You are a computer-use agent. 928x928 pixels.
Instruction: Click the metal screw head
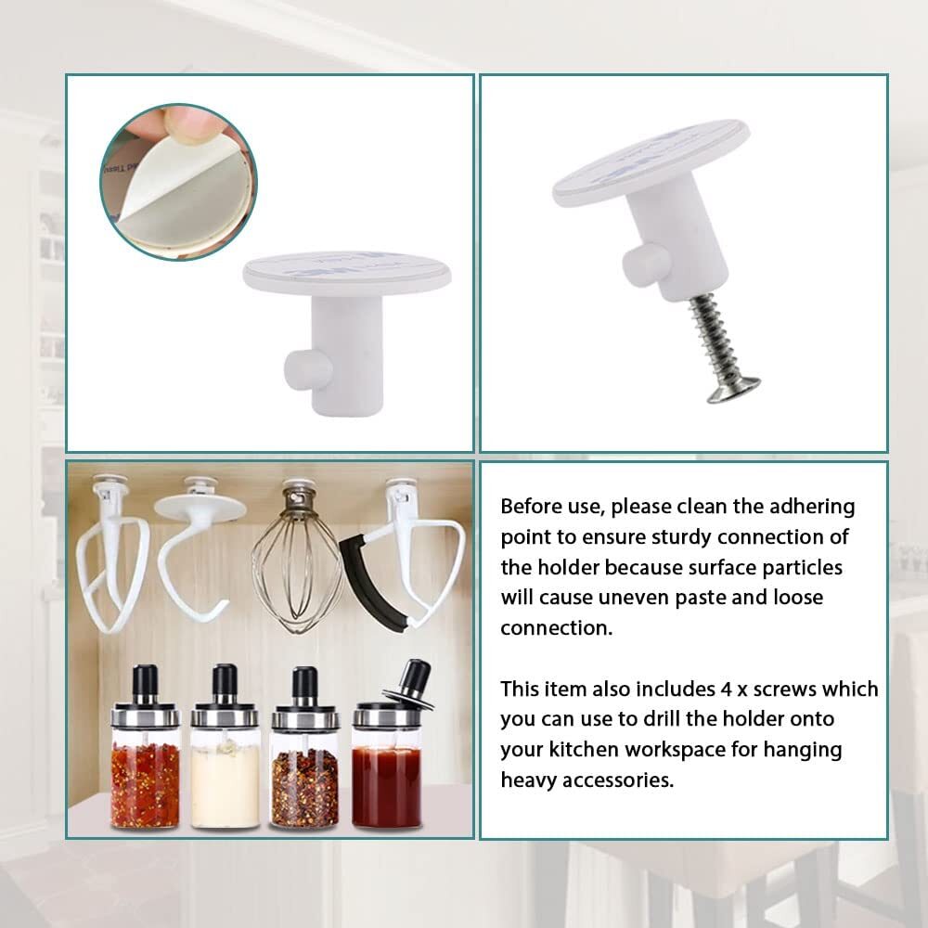point(733,389)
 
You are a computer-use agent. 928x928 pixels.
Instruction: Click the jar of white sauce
point(225,761)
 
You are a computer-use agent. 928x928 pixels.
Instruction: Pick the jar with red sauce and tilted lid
point(387,761)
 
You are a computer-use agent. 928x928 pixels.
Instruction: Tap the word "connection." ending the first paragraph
point(557,627)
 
